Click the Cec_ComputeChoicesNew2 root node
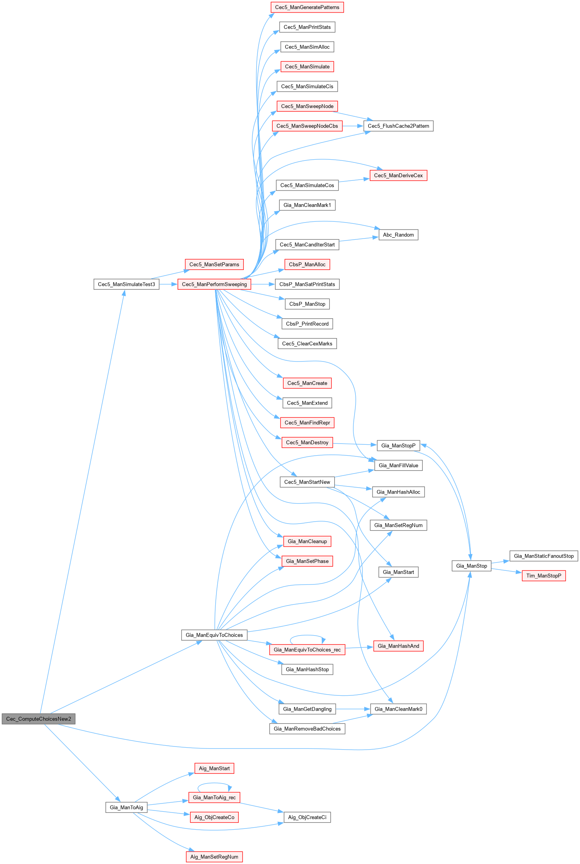coord(38,719)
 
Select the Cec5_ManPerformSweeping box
coord(214,284)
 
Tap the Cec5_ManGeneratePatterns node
coord(307,7)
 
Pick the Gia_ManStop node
coord(471,566)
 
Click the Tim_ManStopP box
coord(543,575)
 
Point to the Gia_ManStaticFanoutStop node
coord(543,556)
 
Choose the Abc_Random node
coord(398,235)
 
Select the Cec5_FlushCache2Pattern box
coord(398,126)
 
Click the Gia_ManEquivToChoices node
coord(214,635)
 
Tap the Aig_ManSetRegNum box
coord(214,857)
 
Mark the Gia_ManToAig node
coord(126,807)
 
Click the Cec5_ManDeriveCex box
coord(398,175)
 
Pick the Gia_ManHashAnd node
coord(398,646)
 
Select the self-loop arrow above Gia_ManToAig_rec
coord(214,783)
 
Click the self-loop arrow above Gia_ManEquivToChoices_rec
coord(307,635)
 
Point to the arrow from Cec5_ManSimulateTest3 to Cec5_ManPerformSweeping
coord(168,284)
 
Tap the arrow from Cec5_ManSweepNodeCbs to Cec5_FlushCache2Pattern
coord(353,126)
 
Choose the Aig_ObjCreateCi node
coord(307,817)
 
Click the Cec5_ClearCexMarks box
coord(307,344)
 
